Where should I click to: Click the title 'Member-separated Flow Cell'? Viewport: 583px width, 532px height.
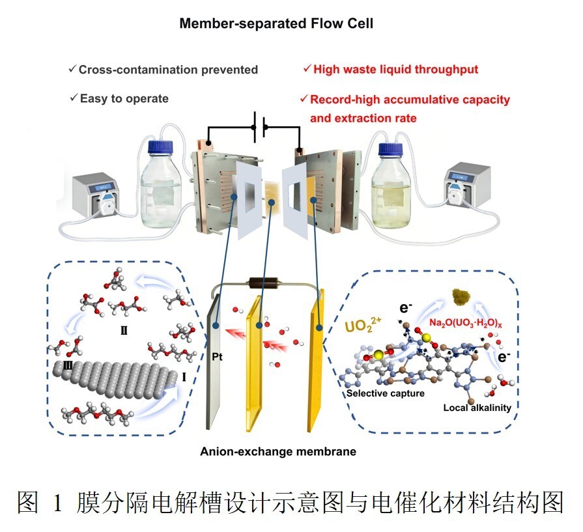(276, 23)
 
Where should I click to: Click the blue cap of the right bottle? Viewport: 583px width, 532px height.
(391, 148)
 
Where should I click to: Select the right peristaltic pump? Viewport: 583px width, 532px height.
(466, 185)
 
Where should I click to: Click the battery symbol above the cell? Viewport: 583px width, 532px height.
(259, 127)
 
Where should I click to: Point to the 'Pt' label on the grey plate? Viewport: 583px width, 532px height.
(217, 357)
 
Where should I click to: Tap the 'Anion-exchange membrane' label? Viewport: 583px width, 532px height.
(278, 451)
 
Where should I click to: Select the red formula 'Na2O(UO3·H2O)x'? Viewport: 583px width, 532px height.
(466, 323)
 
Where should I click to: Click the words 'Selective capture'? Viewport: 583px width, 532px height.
(386, 393)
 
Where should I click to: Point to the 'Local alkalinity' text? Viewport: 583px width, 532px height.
(477, 408)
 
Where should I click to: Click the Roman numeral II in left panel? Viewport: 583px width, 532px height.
(124, 330)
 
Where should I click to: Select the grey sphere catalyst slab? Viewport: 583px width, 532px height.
(115, 380)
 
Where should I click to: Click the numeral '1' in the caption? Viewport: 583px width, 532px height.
(57, 503)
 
